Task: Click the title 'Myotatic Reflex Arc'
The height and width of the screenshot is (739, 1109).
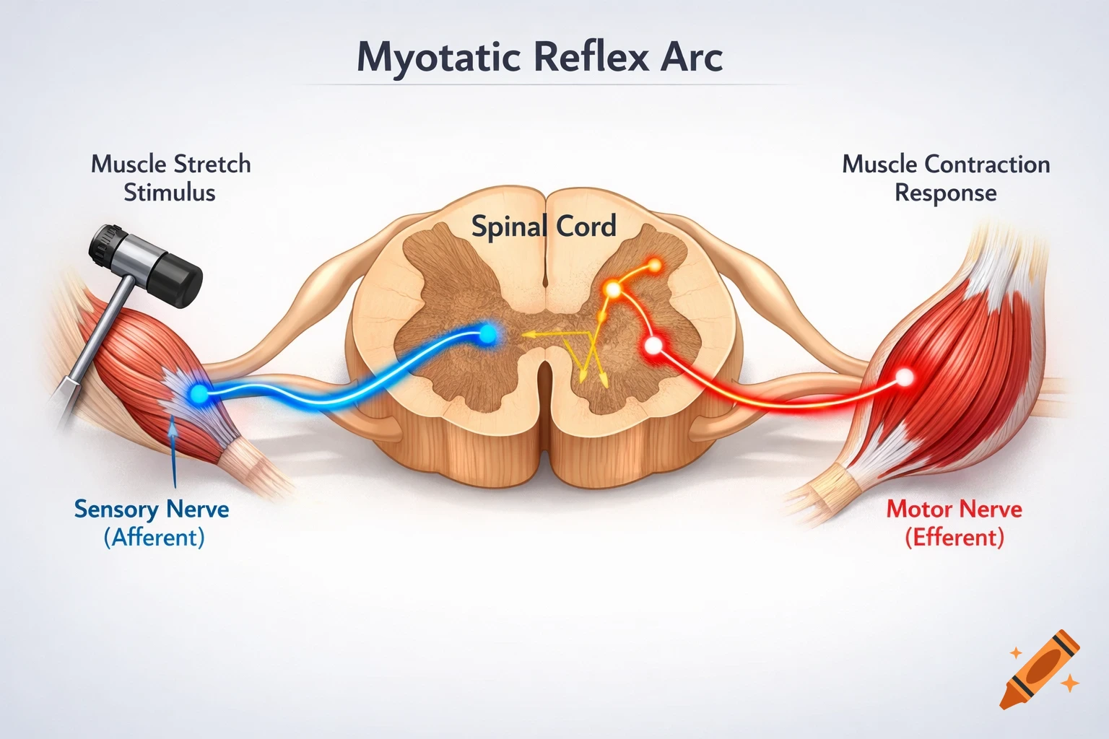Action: click(539, 58)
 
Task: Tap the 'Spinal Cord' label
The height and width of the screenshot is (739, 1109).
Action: click(544, 227)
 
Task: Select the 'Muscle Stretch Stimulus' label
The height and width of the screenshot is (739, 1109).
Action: click(170, 178)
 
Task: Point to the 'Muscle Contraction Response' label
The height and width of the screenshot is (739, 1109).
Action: click(946, 178)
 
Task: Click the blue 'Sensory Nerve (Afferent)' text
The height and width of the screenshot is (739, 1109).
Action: click(152, 522)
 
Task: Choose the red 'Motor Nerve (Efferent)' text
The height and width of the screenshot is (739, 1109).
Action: click(954, 522)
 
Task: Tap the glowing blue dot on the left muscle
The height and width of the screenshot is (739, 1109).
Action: click(196, 393)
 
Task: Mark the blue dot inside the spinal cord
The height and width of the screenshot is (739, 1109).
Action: click(488, 333)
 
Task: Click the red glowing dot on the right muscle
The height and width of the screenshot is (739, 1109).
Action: click(904, 377)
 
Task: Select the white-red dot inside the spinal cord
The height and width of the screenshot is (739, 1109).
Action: click(653, 346)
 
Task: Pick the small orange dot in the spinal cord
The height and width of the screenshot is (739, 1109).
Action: click(655, 266)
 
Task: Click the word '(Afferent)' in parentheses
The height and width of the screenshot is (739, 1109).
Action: click(154, 538)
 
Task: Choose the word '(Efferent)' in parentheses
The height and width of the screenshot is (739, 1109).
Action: click(954, 538)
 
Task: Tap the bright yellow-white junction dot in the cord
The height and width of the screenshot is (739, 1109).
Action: click(613, 290)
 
